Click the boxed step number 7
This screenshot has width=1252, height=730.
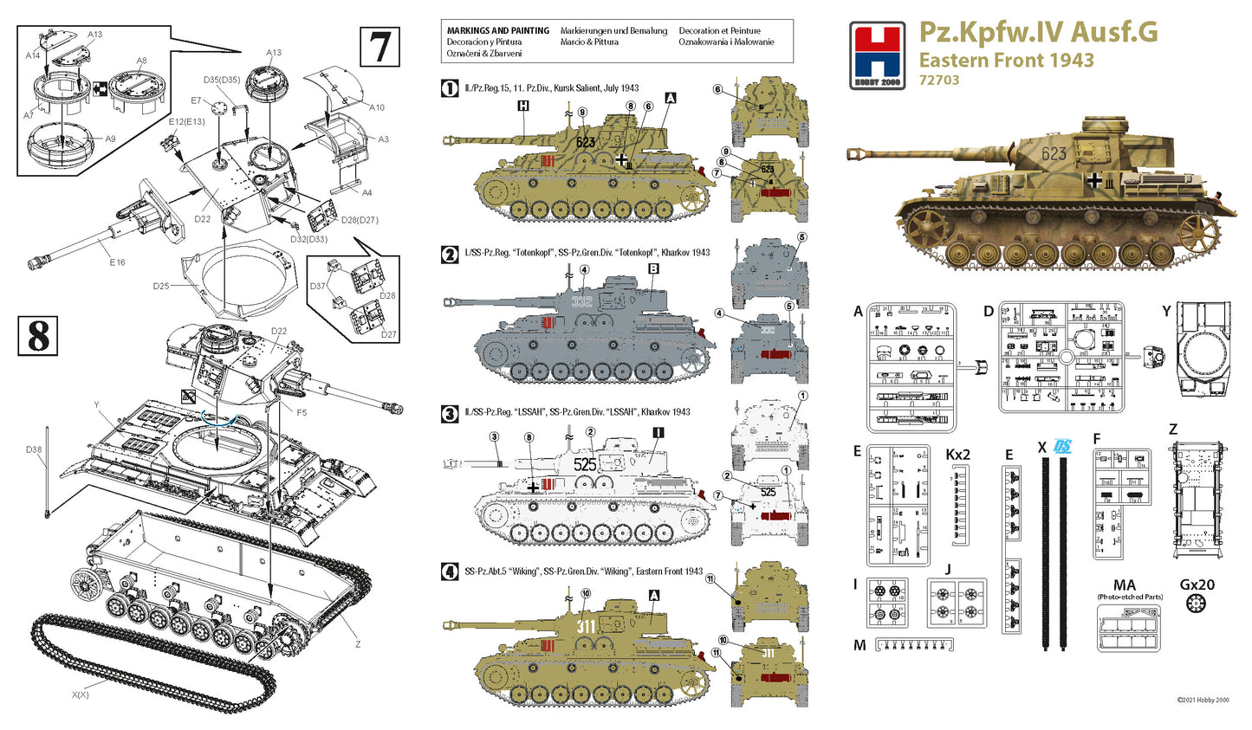click(379, 47)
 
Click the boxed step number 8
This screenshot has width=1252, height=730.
click(38, 336)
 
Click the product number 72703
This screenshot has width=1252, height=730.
click(939, 81)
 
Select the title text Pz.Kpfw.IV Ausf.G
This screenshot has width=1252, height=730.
click(1037, 32)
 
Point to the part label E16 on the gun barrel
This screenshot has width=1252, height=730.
click(117, 262)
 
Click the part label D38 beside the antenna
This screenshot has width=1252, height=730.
click(33, 449)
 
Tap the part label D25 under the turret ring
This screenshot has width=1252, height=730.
click(160, 287)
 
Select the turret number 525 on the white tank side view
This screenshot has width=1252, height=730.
click(585, 464)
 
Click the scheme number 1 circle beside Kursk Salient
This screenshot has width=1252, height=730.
click(450, 88)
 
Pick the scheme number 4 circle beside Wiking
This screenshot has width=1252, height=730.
click(450, 572)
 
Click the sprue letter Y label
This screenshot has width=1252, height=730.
click(1166, 311)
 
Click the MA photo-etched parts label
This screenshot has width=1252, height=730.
click(1124, 586)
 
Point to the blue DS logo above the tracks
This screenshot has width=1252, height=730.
click(1061, 447)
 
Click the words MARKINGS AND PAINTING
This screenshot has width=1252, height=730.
click(497, 31)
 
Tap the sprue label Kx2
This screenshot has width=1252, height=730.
click(957, 455)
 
